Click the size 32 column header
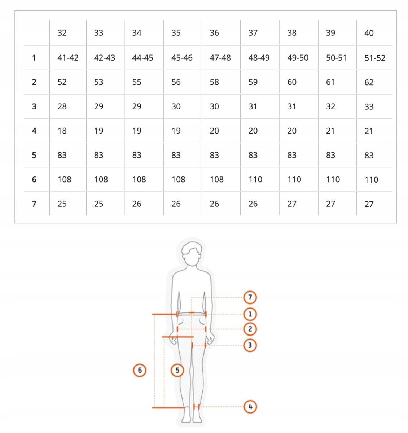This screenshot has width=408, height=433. (62, 33)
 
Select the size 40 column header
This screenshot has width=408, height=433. (369, 33)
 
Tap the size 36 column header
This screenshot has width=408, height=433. (214, 33)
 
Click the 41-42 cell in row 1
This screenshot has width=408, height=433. (68, 58)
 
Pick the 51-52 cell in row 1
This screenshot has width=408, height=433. (375, 58)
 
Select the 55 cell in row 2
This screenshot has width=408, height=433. (137, 82)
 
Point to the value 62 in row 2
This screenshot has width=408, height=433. (369, 82)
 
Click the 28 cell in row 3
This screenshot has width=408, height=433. (62, 106)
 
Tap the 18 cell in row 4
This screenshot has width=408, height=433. (62, 131)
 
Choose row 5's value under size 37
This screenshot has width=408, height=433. (253, 155)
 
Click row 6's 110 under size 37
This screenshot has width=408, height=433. (255, 180)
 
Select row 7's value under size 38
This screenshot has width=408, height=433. (292, 204)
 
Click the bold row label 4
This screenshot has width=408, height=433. (34, 131)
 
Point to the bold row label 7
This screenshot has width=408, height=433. (34, 204)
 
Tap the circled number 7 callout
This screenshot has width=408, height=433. (250, 297)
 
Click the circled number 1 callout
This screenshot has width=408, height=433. (250, 314)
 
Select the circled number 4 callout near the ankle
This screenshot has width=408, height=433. (250, 407)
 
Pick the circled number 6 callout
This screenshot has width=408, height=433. (140, 370)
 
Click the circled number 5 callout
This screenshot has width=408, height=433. (177, 370)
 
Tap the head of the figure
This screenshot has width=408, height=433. (192, 254)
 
